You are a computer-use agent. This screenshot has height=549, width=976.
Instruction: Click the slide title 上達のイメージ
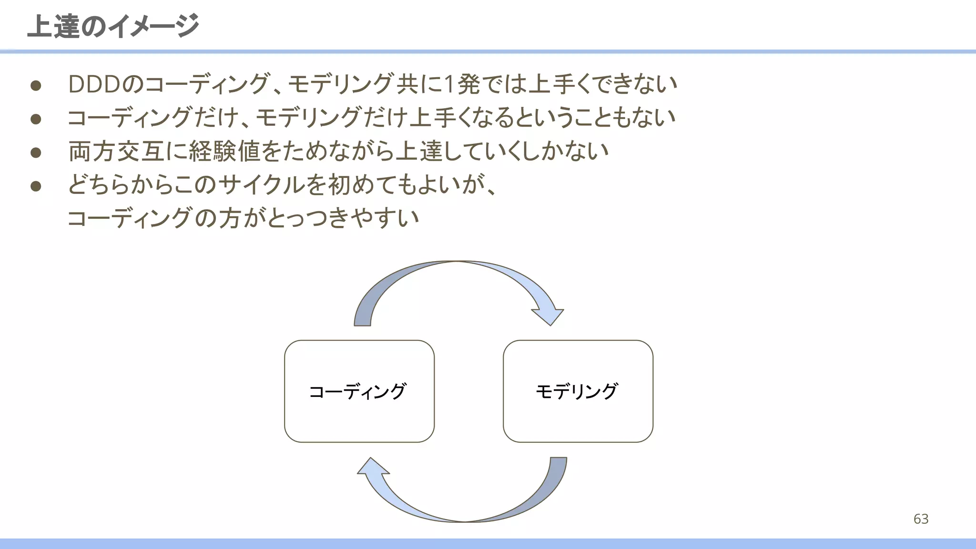coord(113,26)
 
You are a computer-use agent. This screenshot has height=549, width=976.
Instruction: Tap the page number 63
coord(921,519)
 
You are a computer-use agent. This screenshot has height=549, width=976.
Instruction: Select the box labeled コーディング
coord(359,391)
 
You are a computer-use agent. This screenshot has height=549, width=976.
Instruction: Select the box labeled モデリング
coord(578,391)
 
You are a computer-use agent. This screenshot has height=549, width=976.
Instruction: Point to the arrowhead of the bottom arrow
coord(372,467)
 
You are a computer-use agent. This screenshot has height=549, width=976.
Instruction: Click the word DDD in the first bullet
coord(94,85)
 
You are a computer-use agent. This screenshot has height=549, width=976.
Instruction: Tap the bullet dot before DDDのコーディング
coord(36,86)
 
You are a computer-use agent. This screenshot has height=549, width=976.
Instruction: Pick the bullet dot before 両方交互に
coord(36,152)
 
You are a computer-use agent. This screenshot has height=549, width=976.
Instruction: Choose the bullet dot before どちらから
coord(36,186)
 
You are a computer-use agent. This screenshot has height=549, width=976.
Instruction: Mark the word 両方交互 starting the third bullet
coord(117,152)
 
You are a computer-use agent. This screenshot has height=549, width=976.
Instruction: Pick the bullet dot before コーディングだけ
coord(36,119)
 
